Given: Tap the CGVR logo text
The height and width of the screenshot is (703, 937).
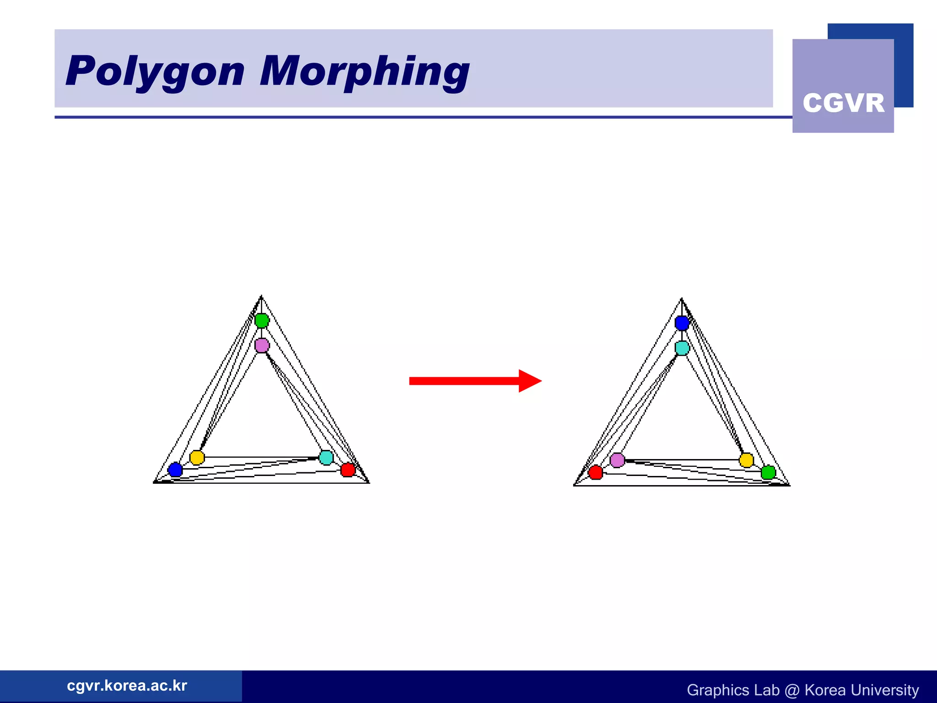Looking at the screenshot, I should pos(843,103).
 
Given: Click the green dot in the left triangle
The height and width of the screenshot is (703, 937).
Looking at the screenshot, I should pos(262,320).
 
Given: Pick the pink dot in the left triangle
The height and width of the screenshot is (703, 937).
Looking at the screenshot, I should pos(262,345).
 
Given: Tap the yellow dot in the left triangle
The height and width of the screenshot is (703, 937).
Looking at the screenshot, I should pos(197,457).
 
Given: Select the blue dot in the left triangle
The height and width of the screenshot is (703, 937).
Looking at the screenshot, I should pos(175,470).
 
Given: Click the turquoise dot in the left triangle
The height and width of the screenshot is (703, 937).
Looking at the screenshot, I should pos(326,457).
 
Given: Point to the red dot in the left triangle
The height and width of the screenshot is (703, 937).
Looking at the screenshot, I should pos(348,470).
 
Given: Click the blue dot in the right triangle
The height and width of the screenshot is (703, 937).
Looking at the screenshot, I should pos(682,323).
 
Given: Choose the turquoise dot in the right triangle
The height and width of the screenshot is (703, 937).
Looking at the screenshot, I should pos(682,348).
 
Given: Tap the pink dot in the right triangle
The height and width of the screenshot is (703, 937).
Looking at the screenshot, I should pos(617,460).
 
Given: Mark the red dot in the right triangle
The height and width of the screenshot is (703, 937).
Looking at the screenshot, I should pos(596,472).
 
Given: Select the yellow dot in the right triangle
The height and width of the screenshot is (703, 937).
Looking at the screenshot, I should pos(746,460).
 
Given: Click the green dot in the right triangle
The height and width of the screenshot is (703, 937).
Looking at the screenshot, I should pos(768,472).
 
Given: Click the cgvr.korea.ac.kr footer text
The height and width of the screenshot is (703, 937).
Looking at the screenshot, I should pos(127,686).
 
